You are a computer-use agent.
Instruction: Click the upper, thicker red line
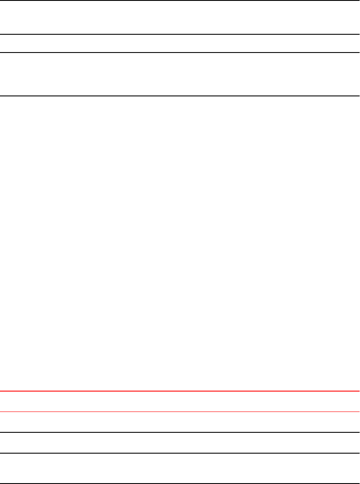pos(180,391)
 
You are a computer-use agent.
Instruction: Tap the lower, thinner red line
pos(180,412)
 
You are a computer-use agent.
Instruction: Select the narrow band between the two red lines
pos(180,402)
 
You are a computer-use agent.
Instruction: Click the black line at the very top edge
pos(180,0)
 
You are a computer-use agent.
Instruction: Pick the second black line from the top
pos(180,34)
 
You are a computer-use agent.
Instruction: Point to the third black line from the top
pos(180,53)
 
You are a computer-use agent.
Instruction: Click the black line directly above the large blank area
pos(180,96)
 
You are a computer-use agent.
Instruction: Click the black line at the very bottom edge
pos(180,484)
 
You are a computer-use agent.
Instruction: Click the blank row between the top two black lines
pos(180,17)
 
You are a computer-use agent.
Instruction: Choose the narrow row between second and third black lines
pos(180,43)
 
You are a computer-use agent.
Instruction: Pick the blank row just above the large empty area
pos(180,74)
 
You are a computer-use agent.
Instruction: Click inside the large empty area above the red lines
pos(180,243)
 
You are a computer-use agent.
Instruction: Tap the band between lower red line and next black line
pos(180,422)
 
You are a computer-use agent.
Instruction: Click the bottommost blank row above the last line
pos(180,469)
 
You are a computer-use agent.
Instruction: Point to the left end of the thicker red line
pos(1,391)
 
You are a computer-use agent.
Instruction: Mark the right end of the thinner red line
pos(358,412)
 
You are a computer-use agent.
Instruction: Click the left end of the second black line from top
pos(1,34)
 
